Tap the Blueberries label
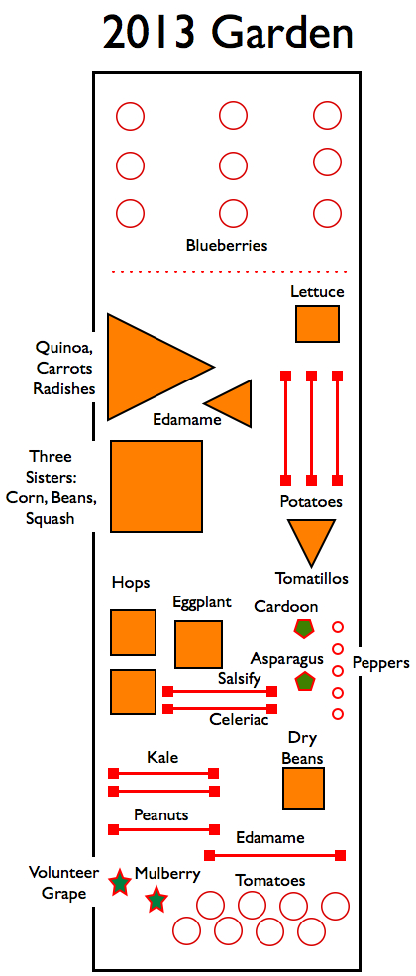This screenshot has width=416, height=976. tap(227, 246)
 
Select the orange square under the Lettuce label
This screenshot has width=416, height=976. tap(317, 324)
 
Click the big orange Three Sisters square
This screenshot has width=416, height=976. tap(156, 487)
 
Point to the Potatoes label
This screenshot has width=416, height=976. tap(311, 501)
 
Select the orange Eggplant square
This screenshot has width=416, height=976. tap(198, 644)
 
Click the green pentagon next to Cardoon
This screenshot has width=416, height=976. tap(304, 628)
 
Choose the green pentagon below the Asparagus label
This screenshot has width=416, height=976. tap(304, 681)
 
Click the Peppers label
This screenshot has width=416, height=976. tap(381, 663)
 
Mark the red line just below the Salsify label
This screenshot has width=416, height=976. tap(220, 691)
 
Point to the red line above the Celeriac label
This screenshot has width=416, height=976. tap(220, 708)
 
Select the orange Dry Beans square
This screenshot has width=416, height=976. tap(303, 788)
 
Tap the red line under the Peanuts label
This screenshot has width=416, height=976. tap(164, 829)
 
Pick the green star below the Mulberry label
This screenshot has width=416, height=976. tap(156, 900)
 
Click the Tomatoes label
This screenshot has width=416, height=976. tap(269, 881)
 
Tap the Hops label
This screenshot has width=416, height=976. tap(131, 584)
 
